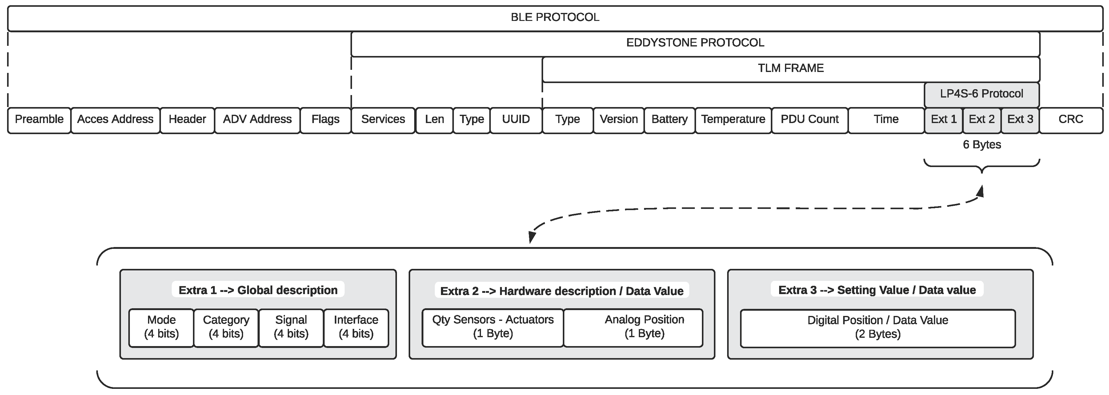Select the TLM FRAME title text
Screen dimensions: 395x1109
[x=791, y=68]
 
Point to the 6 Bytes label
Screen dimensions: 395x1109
[x=982, y=145]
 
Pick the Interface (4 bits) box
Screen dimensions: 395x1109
[x=356, y=327]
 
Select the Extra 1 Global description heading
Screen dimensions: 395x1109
[x=258, y=290]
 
